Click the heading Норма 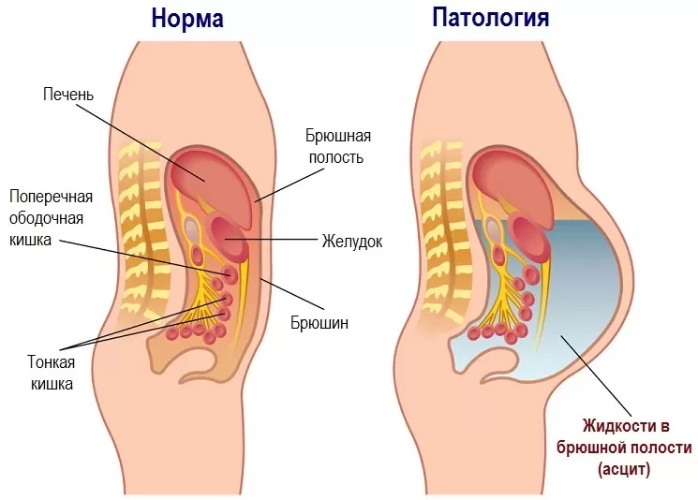pos(187,19)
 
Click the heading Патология pos(491,18)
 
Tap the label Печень pos(68,95)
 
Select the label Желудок pos(352,241)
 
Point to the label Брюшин pos(319,322)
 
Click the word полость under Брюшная pos(336,157)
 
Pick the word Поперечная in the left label pos(52,197)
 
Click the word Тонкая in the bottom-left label pos(52,361)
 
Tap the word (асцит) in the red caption pos(624,469)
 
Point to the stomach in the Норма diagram pos(229,239)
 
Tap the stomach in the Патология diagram pos(529,239)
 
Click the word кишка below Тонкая pos(52,384)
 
